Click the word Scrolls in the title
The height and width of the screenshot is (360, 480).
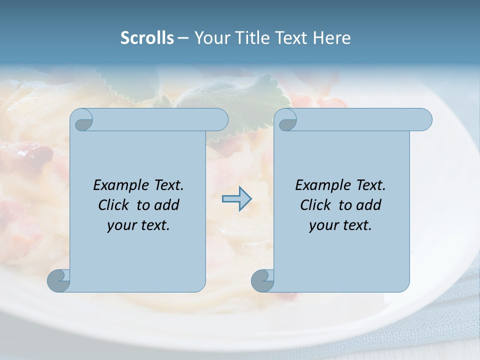click(147, 38)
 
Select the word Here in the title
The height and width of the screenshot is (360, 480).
click(332, 38)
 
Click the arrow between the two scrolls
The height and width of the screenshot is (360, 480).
click(236, 199)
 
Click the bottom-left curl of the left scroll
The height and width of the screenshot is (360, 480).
click(58, 280)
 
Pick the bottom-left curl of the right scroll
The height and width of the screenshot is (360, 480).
click(262, 280)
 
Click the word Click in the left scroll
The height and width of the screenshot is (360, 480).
click(114, 205)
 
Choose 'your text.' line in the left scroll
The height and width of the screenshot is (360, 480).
click(138, 225)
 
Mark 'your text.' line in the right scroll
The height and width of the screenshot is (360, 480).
click(340, 225)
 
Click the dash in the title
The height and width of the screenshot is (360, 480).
click(183, 38)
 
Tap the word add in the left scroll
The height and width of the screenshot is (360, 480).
click(166, 205)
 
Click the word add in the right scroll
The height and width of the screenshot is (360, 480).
click(368, 205)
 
